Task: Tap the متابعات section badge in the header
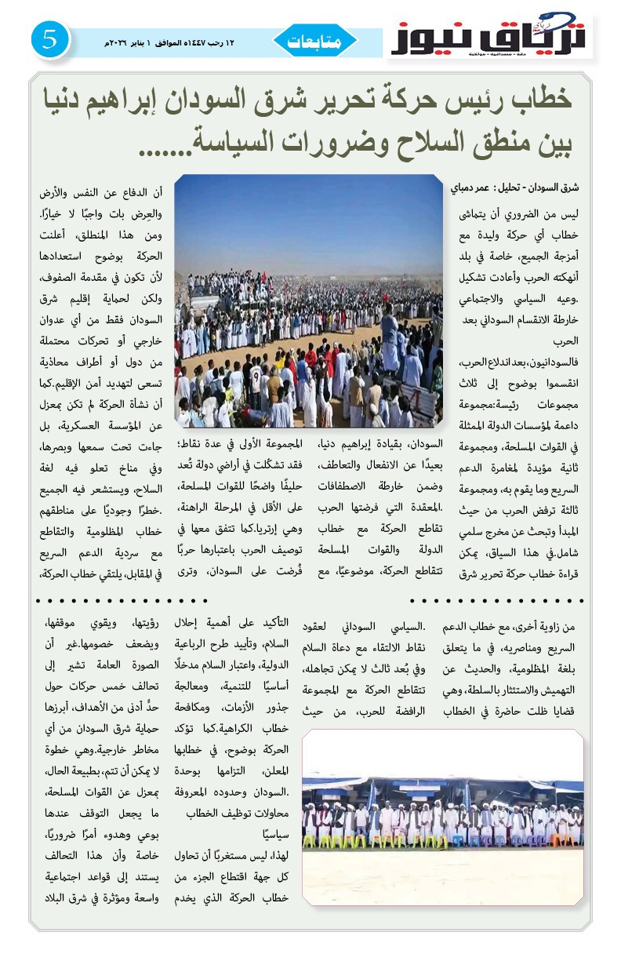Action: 314,41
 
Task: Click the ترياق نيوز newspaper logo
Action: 490,38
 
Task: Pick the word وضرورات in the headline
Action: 309,142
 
